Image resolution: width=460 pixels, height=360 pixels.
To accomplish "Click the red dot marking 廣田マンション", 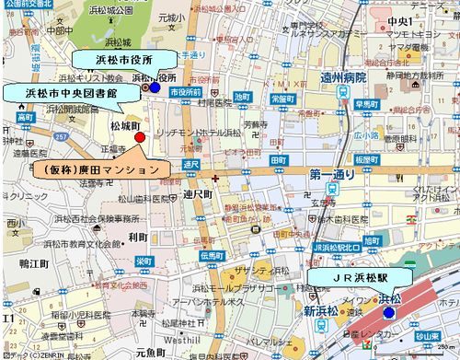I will click(140, 137).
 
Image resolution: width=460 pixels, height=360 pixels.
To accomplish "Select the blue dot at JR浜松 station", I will click(388, 313).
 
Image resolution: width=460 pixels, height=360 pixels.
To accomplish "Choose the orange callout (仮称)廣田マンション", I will click(99, 169).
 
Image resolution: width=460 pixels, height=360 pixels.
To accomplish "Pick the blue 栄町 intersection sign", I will click(144, 261).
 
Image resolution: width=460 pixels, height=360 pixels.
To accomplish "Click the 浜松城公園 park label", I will click(135, 10).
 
